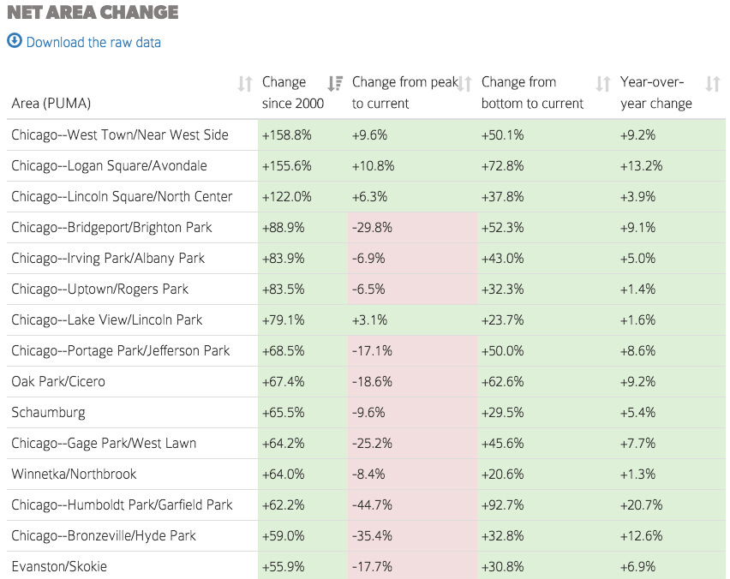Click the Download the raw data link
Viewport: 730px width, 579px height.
pyautogui.click(x=93, y=42)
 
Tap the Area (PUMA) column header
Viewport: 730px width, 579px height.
pyautogui.click(x=51, y=104)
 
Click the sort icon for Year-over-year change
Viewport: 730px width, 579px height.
pyautogui.click(x=712, y=84)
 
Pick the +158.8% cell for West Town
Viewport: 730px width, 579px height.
pyautogui.click(x=286, y=134)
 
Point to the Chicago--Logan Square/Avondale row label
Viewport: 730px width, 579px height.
pyautogui.click(x=109, y=165)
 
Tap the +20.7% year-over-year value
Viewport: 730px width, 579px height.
pyautogui.click(x=641, y=504)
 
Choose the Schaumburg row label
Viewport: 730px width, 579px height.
pyautogui.click(x=48, y=412)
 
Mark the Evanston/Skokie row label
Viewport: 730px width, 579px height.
pyautogui.click(x=59, y=566)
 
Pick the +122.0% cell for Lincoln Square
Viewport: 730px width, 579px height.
pyautogui.click(x=286, y=196)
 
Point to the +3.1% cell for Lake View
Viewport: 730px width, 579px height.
pyautogui.click(x=369, y=319)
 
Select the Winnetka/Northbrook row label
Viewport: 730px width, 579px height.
pyautogui.click(x=74, y=474)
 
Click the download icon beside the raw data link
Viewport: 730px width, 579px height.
pyautogui.click(x=15, y=41)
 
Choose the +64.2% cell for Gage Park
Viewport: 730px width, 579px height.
pyautogui.click(x=284, y=443)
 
